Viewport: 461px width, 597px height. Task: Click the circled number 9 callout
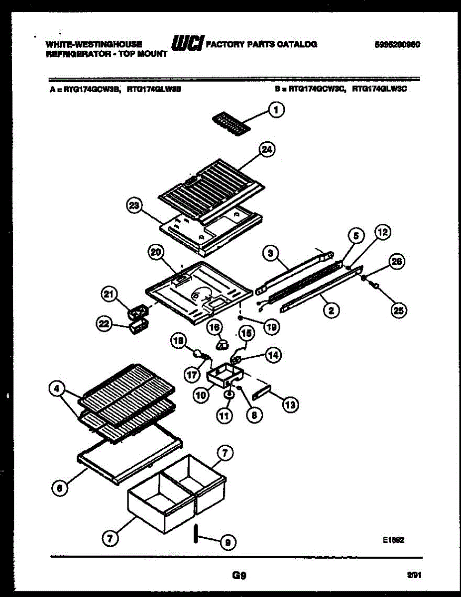227,543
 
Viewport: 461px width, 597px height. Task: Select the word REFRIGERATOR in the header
72,54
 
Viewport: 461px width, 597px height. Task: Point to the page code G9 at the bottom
239,576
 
